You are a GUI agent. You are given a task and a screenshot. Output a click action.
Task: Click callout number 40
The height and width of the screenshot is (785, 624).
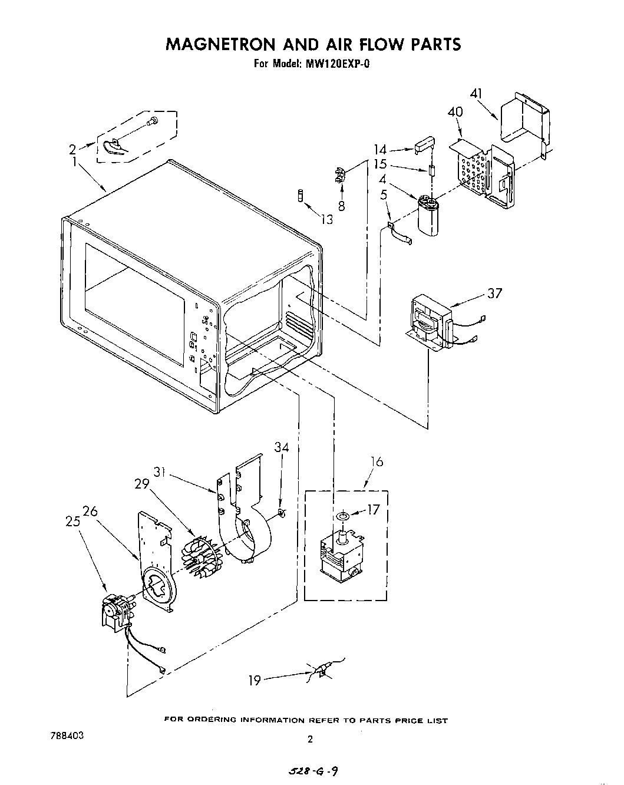(x=455, y=111)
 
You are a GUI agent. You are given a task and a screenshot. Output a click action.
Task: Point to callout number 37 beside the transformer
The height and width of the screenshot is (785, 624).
(x=494, y=293)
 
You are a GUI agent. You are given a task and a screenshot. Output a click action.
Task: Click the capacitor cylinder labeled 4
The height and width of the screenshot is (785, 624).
(x=430, y=217)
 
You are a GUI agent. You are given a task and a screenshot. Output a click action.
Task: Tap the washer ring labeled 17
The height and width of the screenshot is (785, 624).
(x=341, y=517)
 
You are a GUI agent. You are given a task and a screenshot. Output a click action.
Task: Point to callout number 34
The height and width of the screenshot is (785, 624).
(x=282, y=447)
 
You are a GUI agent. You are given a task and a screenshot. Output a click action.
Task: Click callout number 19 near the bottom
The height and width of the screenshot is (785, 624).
(x=255, y=681)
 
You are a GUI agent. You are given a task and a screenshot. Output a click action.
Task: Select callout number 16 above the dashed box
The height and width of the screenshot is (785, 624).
(x=377, y=461)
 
